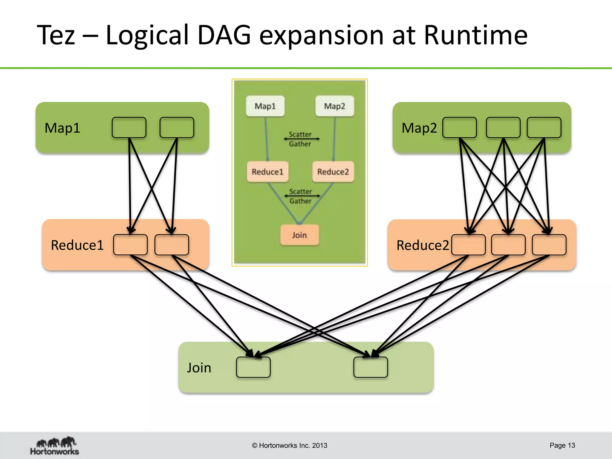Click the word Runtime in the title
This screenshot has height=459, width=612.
[475, 35]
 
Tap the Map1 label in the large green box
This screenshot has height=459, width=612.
[62, 128]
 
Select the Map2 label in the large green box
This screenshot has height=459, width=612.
[419, 128]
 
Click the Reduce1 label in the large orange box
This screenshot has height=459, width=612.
[77, 245]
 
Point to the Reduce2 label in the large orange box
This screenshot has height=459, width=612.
[422, 245]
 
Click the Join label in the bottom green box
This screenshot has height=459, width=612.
[199, 368]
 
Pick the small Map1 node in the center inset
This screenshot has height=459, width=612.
[265, 106]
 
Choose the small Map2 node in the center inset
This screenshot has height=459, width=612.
[335, 106]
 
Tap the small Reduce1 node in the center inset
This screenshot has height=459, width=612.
[267, 172]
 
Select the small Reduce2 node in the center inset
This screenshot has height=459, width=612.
[333, 172]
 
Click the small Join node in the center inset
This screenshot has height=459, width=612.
[299, 235]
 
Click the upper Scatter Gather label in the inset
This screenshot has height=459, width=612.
[300, 139]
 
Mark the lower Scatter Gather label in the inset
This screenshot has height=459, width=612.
[300, 196]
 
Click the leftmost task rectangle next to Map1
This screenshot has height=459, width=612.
[129, 128]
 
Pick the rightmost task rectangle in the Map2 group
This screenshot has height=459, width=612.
[544, 128]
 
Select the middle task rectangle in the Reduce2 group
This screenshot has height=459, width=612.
[508, 245]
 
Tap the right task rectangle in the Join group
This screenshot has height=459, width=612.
[371, 367]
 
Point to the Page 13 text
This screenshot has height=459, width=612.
[562, 445]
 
